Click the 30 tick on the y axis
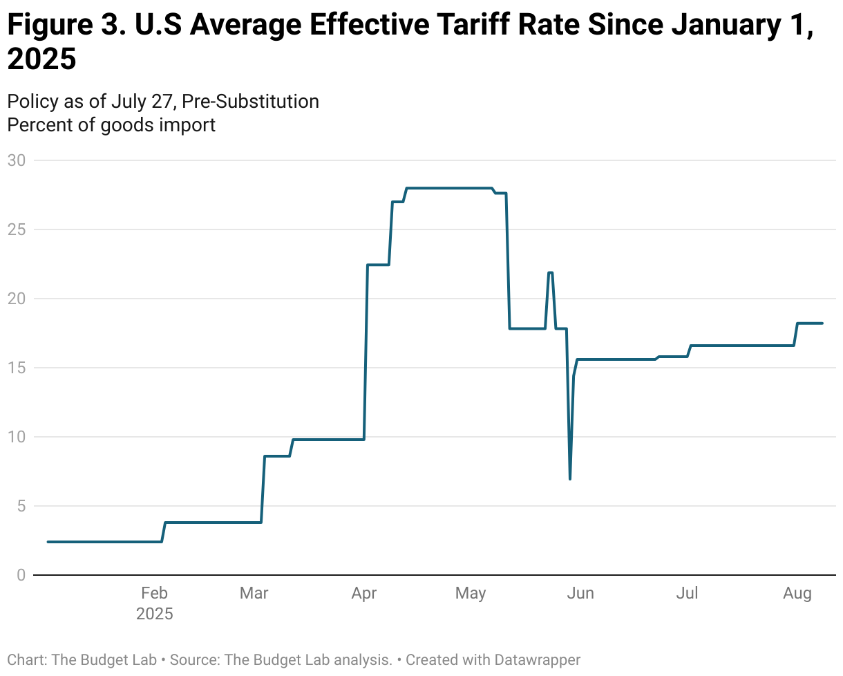coord(15,160)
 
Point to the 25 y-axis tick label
coord(15,229)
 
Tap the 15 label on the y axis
coord(15,368)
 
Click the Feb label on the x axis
coord(154,593)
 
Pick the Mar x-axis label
coord(254,593)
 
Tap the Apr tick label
coord(364,593)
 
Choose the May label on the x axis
coord(471,593)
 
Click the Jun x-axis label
coord(580,593)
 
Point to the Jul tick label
coord(687,593)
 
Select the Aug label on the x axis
coord(797,593)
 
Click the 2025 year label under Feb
coord(154,614)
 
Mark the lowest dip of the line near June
coord(570,479)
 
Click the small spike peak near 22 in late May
coord(550,272)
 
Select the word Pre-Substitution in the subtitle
coord(250,102)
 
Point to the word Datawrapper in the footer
coord(538,660)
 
